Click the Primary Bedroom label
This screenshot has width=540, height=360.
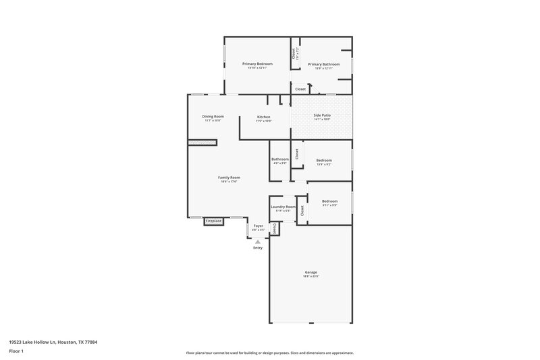click(x=257, y=64)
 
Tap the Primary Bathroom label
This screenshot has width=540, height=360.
click(x=323, y=64)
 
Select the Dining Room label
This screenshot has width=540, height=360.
click(x=213, y=116)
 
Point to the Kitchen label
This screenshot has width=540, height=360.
click(x=263, y=118)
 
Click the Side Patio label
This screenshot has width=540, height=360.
click(x=322, y=115)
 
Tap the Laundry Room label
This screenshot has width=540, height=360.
click(x=283, y=207)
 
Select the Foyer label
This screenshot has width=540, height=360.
click(x=258, y=226)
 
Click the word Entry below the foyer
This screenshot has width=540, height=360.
click(x=258, y=248)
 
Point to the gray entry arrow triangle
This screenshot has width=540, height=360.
click(x=257, y=241)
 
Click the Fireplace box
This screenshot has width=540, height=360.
click(x=214, y=221)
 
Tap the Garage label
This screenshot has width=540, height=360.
click(x=310, y=272)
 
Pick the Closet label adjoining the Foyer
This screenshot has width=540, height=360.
click(x=275, y=230)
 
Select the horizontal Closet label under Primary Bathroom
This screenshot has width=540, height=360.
click(x=300, y=88)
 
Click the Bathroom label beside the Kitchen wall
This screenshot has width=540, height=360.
click(x=280, y=159)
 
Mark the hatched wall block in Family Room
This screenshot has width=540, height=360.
click(x=201, y=143)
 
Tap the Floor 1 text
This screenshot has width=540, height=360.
click(x=17, y=352)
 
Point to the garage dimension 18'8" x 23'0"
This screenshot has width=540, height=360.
click(x=310, y=276)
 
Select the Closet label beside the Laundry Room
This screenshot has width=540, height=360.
click(x=302, y=210)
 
